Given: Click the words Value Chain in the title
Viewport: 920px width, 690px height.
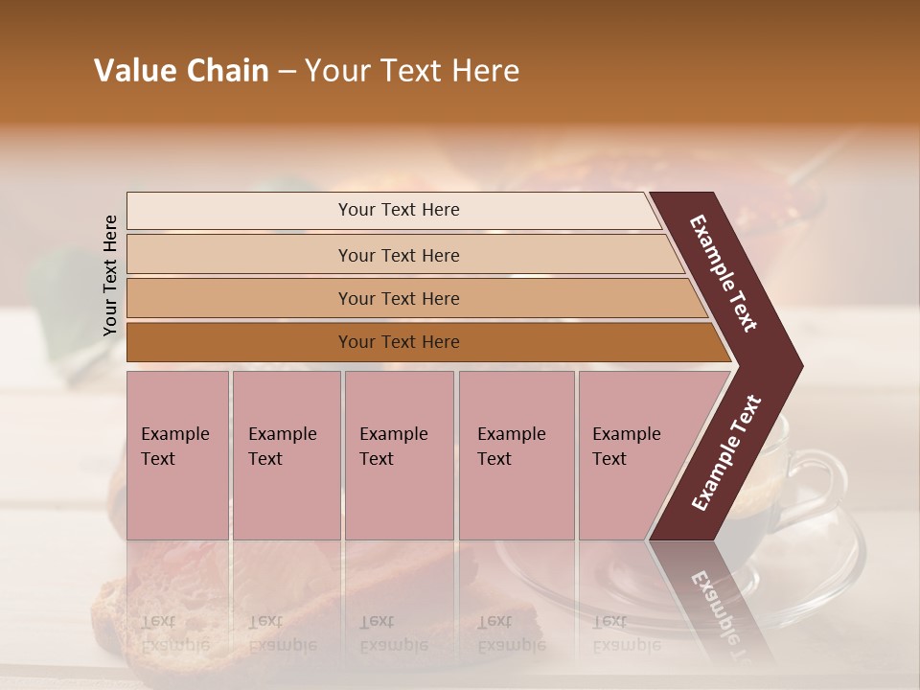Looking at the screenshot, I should click(181, 71).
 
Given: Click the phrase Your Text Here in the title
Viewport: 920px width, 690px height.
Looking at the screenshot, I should click(412, 71).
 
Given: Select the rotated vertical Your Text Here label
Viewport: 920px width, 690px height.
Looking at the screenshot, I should click(110, 276).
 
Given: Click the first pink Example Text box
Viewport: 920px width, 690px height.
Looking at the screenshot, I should click(177, 454).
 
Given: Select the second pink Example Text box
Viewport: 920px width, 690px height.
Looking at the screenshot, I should click(286, 454).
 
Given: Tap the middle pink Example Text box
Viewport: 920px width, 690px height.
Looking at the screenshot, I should click(399, 454).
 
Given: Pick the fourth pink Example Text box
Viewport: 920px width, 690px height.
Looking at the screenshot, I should click(517, 454).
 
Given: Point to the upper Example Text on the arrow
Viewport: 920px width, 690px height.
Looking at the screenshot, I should click(724, 273).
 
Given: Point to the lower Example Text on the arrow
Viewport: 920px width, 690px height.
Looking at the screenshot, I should click(726, 453).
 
